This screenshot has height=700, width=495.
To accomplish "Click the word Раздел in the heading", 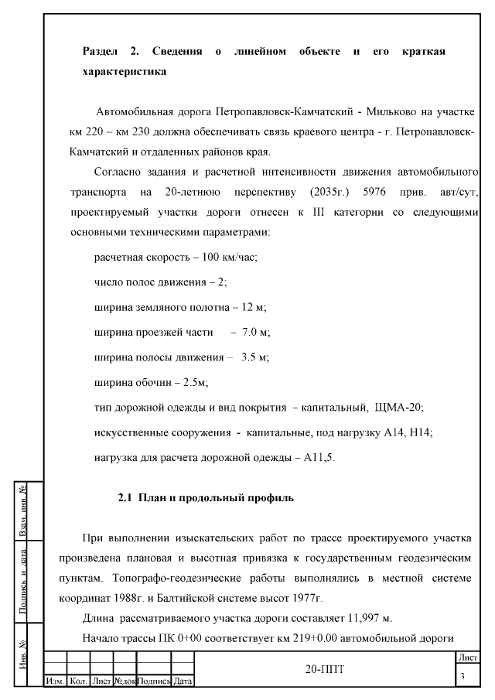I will tap(100, 51).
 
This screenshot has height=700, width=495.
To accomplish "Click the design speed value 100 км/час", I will tap(229, 256).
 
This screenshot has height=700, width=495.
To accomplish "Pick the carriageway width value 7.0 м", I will tap(255, 332).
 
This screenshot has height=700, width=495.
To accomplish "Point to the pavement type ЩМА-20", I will tap(398, 408).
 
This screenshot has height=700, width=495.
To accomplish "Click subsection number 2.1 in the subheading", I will tap(125, 497).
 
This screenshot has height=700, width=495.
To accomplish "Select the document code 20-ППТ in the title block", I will tap(324, 668).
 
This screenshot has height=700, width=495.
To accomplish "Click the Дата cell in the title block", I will tap(183, 681).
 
